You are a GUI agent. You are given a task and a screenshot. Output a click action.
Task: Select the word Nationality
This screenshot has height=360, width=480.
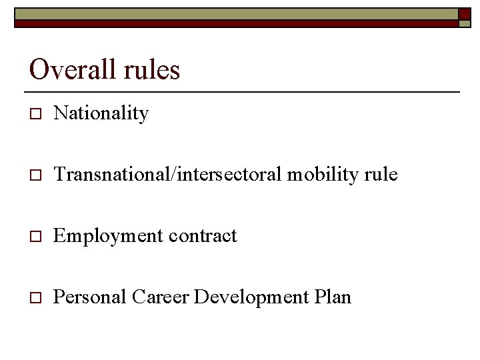[101, 114]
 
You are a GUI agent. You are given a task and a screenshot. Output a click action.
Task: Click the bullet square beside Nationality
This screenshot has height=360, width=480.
[35, 115]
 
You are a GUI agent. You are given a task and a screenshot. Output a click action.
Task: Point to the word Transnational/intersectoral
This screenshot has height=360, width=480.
[168, 175]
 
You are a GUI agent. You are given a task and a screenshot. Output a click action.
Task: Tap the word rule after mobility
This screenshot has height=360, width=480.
[380, 175]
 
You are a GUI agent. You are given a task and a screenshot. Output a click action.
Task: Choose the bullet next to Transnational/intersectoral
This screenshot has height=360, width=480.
[35, 176]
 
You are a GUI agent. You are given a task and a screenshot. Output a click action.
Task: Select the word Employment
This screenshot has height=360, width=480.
[108, 236]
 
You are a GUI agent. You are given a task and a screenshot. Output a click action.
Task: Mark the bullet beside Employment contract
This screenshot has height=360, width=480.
[35, 237]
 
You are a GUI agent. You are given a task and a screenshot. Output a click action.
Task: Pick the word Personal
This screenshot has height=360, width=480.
[89, 297]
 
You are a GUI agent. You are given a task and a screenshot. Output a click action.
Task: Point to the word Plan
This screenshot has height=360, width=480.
[332, 297]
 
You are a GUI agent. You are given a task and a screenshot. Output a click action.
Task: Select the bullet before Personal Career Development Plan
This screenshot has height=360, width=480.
[35, 298]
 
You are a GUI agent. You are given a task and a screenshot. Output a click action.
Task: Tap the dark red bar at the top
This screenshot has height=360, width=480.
[233, 23]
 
